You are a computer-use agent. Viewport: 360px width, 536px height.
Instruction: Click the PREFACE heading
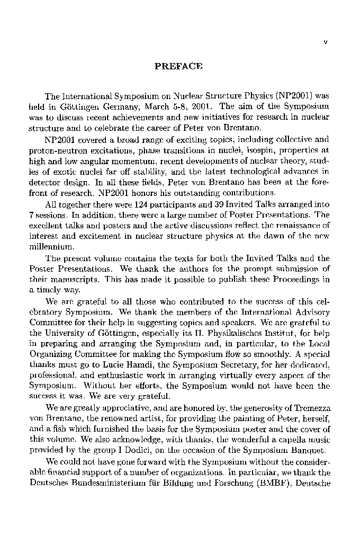[x=178, y=67]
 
